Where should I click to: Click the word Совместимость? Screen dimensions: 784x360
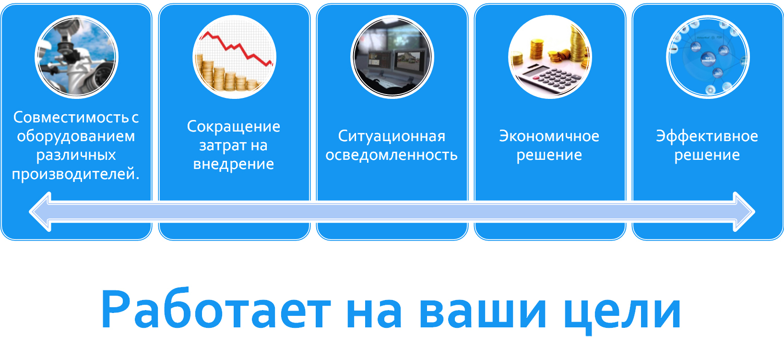tap(71, 117)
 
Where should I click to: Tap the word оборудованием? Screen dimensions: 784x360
tap(76, 137)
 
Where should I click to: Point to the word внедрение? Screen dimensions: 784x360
tap(234, 164)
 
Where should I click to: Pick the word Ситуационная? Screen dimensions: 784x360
tap(392, 137)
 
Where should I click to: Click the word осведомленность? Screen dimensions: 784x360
tap(392, 155)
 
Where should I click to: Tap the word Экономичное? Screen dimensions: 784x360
tap(549, 136)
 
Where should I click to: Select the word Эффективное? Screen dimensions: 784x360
tap(707, 136)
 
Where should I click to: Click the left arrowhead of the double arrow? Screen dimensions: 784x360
tap(40, 212)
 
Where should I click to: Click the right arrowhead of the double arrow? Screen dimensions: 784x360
tap(744, 212)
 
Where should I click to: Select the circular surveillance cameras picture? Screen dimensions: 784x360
tap(76, 57)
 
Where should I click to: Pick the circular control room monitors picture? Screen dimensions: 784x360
tap(392, 57)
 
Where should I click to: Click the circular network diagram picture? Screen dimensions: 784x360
tap(708, 57)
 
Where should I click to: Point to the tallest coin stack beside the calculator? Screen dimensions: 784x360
tap(579, 42)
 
